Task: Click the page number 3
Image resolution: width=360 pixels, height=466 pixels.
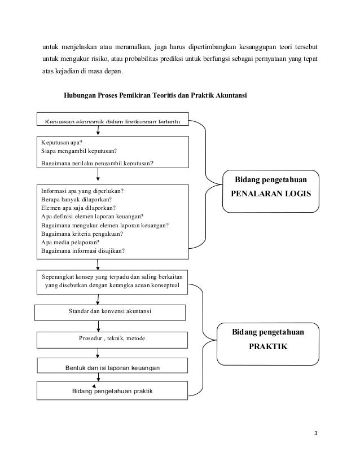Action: click(x=316, y=433)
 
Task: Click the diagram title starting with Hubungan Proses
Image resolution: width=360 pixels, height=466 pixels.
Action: click(x=155, y=96)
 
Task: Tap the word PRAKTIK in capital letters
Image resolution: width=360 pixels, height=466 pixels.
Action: click(x=268, y=347)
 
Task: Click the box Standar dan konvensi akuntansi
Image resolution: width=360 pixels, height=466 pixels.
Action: click(x=111, y=311)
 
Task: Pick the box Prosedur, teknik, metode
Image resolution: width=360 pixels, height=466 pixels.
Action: click(x=112, y=338)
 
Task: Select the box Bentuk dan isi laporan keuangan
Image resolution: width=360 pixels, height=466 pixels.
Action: click(x=113, y=368)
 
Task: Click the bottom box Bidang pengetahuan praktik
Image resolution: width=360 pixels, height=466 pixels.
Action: click(x=113, y=390)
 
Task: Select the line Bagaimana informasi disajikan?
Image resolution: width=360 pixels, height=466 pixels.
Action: click(x=84, y=251)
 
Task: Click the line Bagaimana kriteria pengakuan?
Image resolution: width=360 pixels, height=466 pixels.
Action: click(x=82, y=234)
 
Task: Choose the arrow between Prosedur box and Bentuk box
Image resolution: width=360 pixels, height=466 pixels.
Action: click(x=99, y=353)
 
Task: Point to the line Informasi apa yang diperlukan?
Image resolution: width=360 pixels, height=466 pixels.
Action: click(x=82, y=190)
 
